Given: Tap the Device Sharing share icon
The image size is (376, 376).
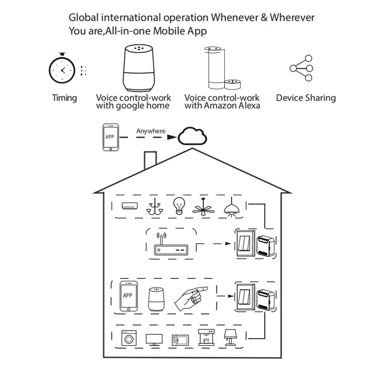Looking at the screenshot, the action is (301, 68).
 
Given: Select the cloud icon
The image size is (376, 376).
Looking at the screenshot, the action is (192, 136).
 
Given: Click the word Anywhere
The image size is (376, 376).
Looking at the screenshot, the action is (151, 131).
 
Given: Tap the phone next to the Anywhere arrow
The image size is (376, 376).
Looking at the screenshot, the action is (110, 137).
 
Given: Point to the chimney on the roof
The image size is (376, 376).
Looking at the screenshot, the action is (150, 160).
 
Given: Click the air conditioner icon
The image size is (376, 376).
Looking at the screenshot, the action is (130, 206).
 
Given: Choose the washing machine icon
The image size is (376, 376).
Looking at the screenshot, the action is (129, 338).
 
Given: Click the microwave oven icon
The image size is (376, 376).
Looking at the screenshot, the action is (180, 340).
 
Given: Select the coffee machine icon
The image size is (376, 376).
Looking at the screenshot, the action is (206, 337).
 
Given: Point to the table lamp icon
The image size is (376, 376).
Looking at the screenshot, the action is (230, 337).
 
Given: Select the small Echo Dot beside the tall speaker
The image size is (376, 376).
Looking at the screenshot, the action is (233, 84).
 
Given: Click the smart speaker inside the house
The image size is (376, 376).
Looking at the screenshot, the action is (156, 299).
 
